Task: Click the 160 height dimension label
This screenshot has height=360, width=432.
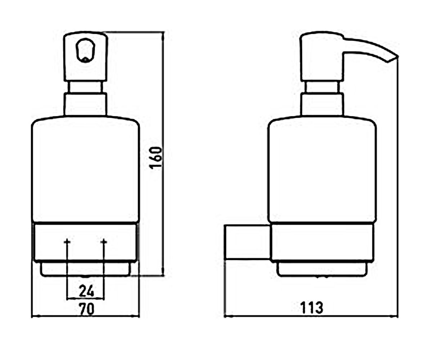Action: point(156,158)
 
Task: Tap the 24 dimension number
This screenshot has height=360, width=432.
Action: point(86,291)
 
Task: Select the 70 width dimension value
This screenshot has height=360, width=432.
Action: point(87,309)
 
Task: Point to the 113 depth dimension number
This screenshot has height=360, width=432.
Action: point(312,308)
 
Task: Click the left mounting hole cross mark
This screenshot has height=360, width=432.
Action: point(67,242)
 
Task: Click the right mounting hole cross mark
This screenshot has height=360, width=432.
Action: point(104,242)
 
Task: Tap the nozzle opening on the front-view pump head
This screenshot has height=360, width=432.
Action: point(85,50)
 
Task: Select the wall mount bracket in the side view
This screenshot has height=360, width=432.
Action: point(248,242)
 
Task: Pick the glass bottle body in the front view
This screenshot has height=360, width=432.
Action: point(85,170)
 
